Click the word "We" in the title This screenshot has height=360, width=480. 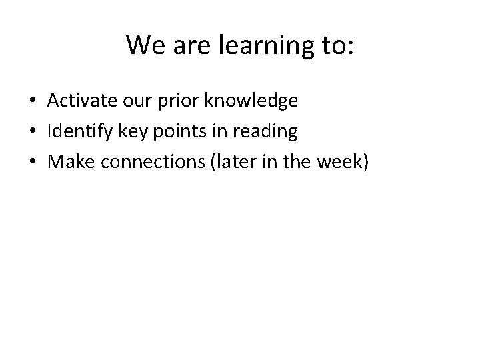pyautogui.click(x=143, y=45)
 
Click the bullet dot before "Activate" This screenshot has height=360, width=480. pyautogui.click(x=32, y=101)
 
